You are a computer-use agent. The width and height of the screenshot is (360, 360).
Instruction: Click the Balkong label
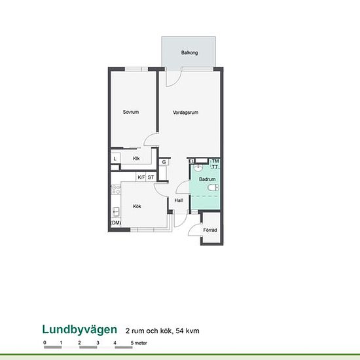click(x=189, y=52)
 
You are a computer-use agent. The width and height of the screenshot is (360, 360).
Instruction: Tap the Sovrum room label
click(x=131, y=112)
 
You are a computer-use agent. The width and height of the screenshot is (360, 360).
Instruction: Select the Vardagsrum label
click(x=185, y=113)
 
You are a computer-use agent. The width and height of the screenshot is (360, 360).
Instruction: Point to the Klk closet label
click(x=136, y=158)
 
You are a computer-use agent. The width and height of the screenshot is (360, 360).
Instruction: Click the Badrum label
click(x=207, y=179)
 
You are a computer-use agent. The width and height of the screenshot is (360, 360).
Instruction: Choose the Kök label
click(x=137, y=206)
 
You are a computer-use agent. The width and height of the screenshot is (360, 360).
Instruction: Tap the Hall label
click(x=179, y=200)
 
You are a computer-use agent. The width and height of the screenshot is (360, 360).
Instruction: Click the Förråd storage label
click(x=210, y=230)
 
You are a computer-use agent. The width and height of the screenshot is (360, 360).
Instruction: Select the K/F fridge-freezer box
click(x=141, y=177)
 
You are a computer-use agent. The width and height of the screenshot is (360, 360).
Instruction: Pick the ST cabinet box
click(x=151, y=177)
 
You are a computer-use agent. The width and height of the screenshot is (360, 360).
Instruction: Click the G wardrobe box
click(x=164, y=162)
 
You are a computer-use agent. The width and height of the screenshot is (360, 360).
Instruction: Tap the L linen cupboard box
click(x=115, y=158)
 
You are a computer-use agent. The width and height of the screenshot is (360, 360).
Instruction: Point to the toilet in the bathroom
click(x=213, y=188)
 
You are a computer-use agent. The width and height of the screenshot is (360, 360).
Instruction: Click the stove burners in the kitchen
click(x=116, y=190)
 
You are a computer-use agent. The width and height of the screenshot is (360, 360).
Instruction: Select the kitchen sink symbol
click(x=116, y=211)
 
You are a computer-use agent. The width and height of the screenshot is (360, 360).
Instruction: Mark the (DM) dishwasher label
click(x=116, y=223)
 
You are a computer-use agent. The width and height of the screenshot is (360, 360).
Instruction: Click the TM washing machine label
click(x=215, y=161)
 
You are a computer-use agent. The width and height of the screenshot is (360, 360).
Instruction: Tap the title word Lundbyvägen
click(x=80, y=330)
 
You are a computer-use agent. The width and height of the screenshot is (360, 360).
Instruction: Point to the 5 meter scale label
click(x=139, y=343)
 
